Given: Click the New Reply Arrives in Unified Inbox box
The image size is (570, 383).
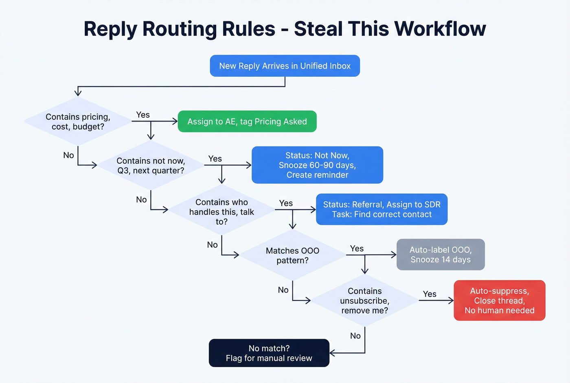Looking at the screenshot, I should click(285, 66).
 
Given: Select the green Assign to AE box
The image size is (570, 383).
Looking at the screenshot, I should click(247, 122).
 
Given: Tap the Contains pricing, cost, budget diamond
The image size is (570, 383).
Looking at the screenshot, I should click(78, 122).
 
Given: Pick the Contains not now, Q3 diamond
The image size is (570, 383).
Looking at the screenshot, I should click(151, 166).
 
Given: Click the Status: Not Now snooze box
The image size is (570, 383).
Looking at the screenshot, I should click(317, 165).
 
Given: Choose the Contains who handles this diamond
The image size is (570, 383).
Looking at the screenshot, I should click(221, 212).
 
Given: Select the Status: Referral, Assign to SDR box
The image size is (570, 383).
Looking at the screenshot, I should click(381, 209).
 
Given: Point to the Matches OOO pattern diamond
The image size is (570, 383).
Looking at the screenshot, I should click(292, 255).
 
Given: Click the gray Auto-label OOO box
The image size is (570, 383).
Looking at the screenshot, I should click(441, 255).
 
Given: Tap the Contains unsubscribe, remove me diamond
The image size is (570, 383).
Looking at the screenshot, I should click(364, 301).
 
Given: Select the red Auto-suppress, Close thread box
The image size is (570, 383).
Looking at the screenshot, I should click(499, 301).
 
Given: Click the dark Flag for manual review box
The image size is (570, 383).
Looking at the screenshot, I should click(269, 353).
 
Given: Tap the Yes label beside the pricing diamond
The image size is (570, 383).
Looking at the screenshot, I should click(143, 115).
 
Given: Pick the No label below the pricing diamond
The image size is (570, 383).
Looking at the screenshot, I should click(68, 155).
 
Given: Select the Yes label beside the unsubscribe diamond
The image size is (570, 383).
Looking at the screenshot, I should click(430, 294).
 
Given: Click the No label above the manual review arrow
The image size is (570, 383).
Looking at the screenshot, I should click(355, 336).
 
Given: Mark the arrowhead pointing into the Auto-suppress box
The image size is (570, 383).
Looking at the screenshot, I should click(451, 301).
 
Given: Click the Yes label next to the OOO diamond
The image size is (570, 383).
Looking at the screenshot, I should click(357, 249).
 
